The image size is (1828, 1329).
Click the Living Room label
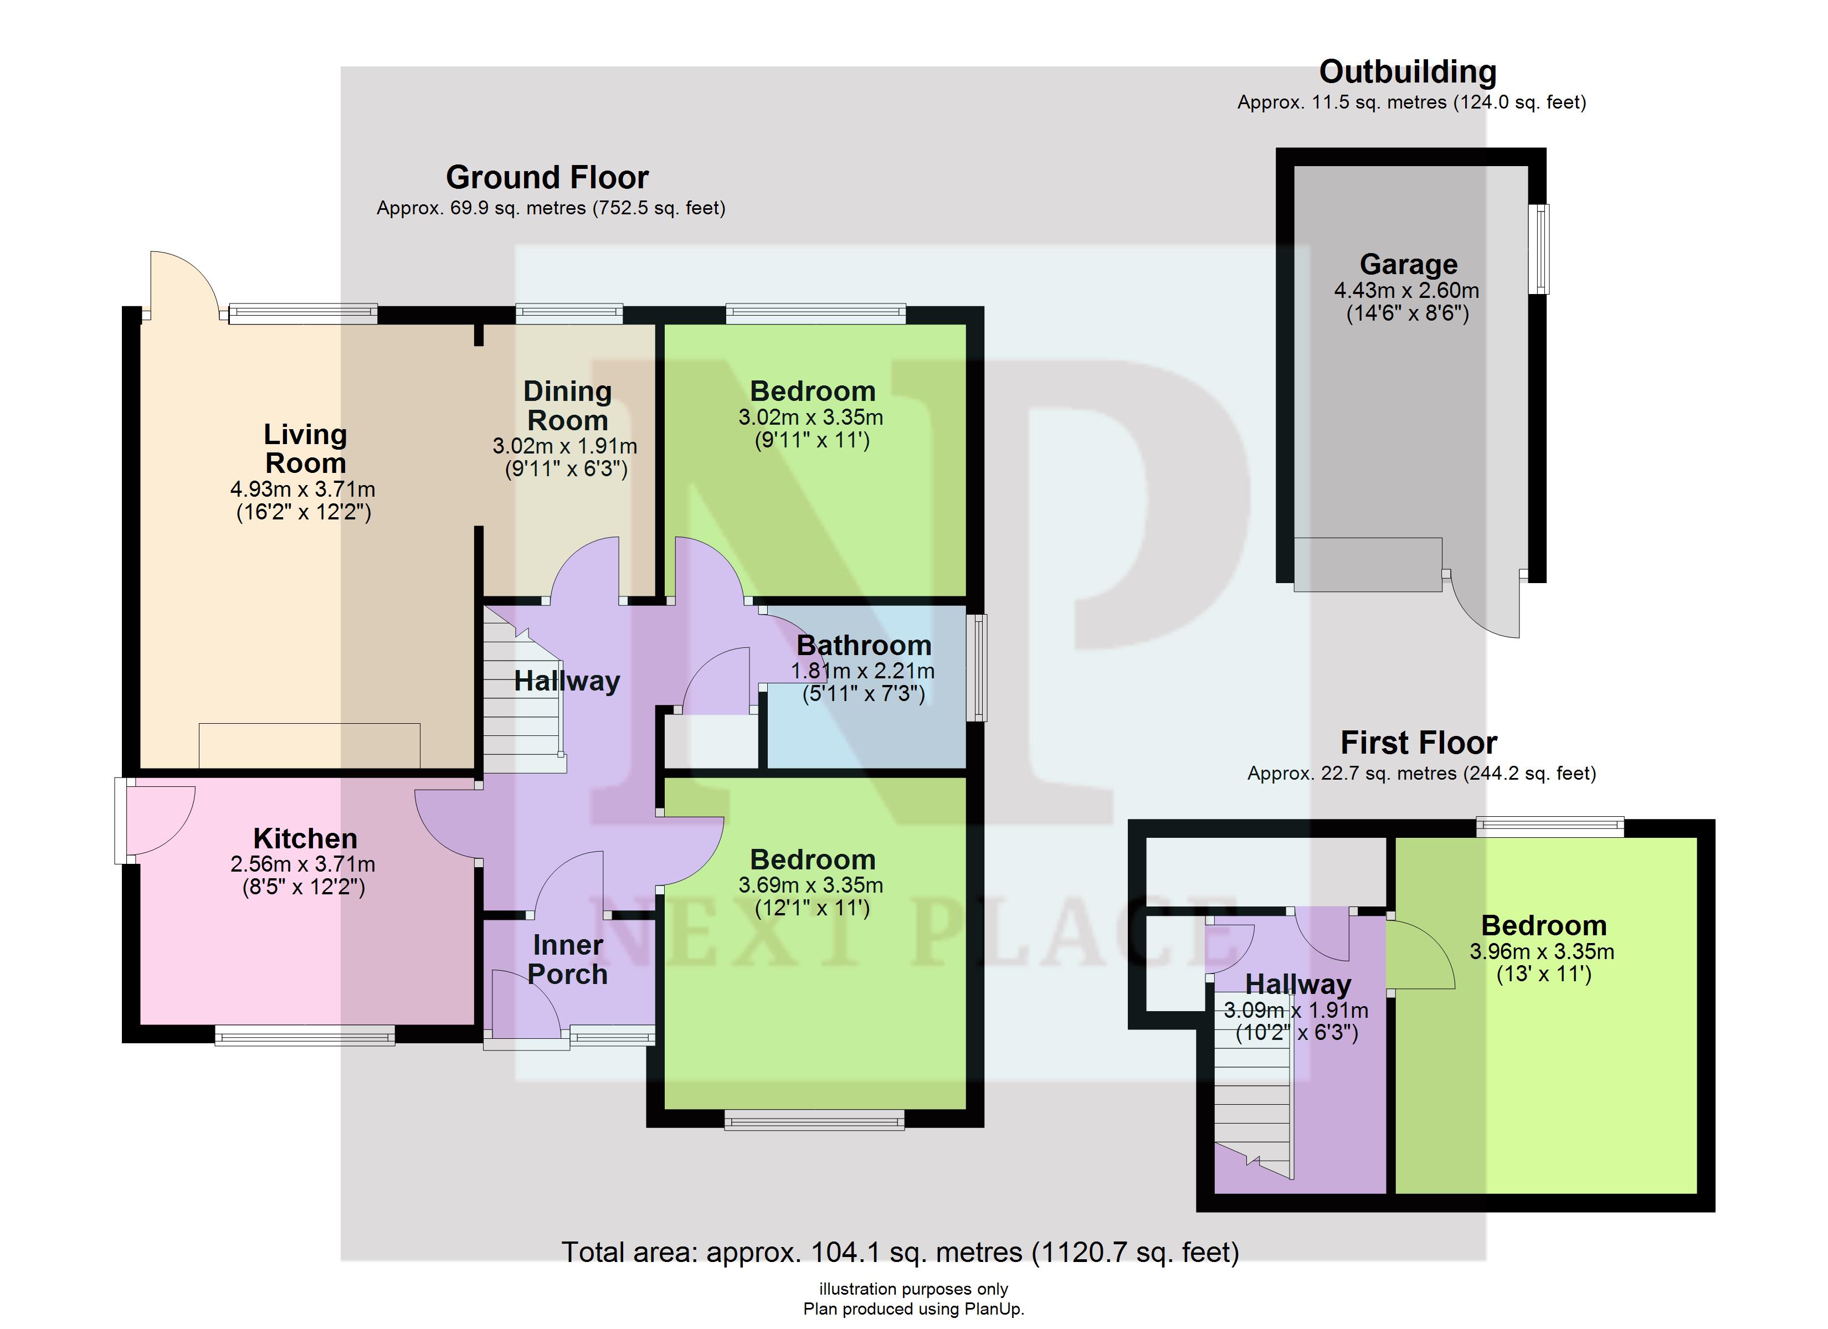[x=305, y=449]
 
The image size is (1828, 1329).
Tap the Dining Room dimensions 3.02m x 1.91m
[x=565, y=446]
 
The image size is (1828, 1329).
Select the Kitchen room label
[x=305, y=838]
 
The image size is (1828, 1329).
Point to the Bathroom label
[x=864, y=646]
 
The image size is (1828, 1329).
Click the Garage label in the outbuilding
[x=1408, y=264]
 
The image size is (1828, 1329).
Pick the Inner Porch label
[x=568, y=959]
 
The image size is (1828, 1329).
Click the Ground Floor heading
[x=547, y=177]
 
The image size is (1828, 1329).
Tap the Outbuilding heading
[x=1408, y=72]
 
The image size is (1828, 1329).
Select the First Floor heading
[x=1419, y=742]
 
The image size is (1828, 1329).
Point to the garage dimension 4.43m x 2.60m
[x=1406, y=291]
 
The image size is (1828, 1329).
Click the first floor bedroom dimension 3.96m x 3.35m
[x=1542, y=952]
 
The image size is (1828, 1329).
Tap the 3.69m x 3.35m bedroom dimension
[x=811, y=885]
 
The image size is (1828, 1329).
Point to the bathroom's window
[x=976, y=667]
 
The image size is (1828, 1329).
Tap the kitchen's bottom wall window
[x=305, y=1036]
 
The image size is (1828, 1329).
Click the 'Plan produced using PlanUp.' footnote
[x=913, y=1310]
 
